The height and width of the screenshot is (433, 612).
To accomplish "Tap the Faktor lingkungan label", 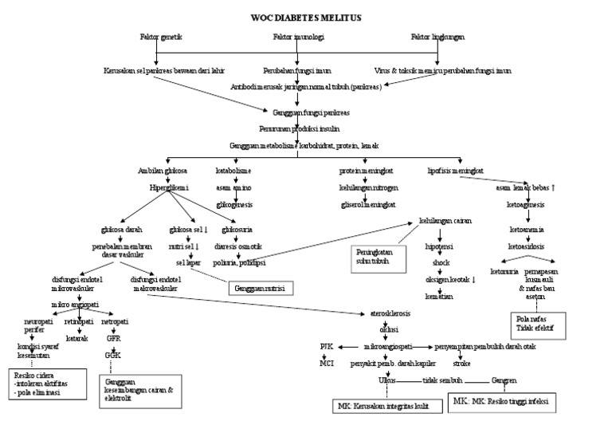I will click(438, 37).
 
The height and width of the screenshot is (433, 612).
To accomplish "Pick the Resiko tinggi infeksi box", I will click(501, 400).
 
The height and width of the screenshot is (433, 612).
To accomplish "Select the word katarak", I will click(76, 337).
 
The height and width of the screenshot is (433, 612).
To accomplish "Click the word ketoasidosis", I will click(526, 247).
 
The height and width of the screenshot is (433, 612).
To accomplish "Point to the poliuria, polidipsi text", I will click(244, 261).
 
